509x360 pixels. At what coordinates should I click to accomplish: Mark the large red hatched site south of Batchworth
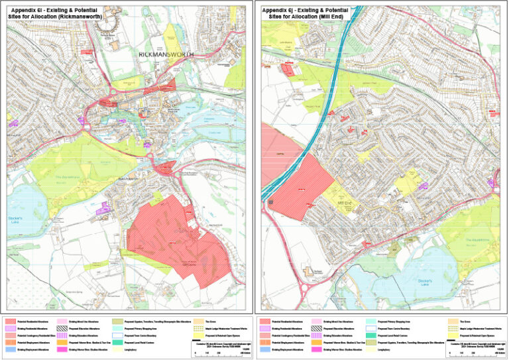pos(176,235)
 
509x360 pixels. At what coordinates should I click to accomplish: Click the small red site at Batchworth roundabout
pos(168,166)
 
